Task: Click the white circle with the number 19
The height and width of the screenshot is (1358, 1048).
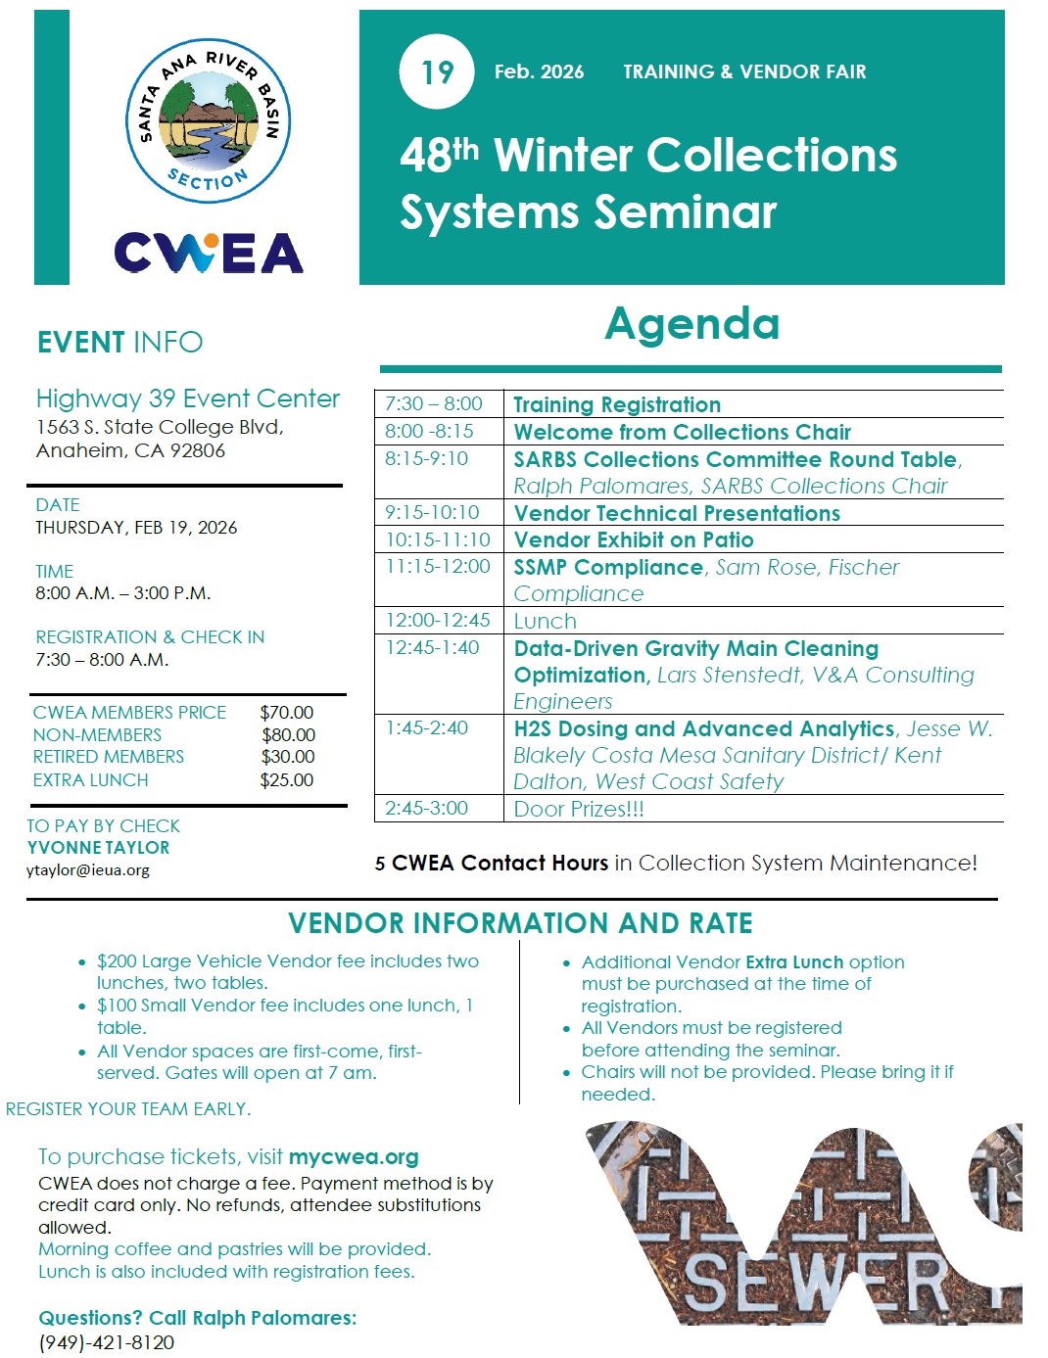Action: click(x=437, y=71)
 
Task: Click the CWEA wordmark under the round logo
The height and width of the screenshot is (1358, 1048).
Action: click(x=209, y=253)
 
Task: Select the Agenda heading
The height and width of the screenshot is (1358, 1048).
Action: click(x=691, y=324)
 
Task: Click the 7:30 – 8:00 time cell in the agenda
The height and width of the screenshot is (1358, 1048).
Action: click(x=434, y=404)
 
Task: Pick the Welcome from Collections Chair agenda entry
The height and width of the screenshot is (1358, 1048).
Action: click(x=683, y=432)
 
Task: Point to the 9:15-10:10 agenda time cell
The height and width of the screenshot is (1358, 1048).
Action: click(x=432, y=512)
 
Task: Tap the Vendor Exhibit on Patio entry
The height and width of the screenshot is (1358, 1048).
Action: click(x=634, y=539)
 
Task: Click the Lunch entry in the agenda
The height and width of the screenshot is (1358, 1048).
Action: click(x=546, y=621)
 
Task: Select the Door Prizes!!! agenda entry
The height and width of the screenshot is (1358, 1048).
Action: click(x=579, y=809)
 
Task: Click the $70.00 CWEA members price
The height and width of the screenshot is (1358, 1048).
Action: click(x=287, y=713)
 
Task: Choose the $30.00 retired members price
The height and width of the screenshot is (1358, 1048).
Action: click(x=288, y=757)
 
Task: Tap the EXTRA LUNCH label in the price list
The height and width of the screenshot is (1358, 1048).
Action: click(x=91, y=780)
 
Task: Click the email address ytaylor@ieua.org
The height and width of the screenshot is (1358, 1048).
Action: click(x=88, y=869)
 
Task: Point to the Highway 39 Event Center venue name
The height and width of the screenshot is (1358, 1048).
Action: click(x=188, y=398)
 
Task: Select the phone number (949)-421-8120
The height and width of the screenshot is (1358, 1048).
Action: click(x=106, y=1342)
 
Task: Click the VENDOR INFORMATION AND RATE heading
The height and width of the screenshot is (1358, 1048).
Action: click(x=520, y=923)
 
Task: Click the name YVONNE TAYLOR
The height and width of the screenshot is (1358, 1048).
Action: click(x=98, y=848)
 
